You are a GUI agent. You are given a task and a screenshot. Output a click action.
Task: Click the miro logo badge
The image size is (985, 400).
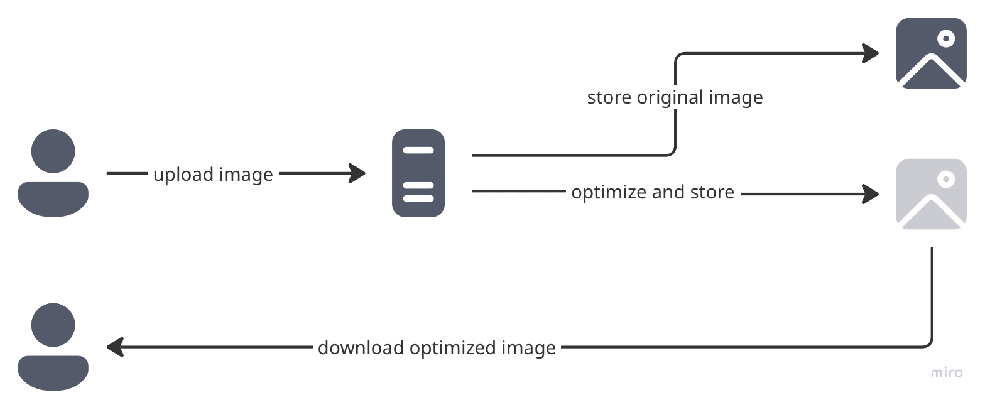tap(947, 372)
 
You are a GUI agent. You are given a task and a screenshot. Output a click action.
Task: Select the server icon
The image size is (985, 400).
tap(418, 173)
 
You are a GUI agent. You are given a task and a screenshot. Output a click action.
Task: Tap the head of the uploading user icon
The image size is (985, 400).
tap(53, 151)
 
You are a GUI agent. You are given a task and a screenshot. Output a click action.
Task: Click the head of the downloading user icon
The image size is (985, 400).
tap(53, 325)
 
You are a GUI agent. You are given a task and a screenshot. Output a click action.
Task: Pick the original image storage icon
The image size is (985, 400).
tap(931, 53)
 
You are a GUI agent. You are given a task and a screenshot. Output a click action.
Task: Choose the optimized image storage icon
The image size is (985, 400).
tap(931, 194)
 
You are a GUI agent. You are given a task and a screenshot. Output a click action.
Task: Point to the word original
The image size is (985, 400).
tap(670, 98)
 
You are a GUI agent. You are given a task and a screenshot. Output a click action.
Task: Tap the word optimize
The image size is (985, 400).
tap(607, 192)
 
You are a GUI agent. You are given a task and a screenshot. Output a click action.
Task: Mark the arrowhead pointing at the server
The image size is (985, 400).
tap(359, 173)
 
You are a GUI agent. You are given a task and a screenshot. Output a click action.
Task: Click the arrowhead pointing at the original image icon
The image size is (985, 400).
tap(871, 53)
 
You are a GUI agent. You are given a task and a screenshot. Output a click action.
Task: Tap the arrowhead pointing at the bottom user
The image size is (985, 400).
tap(115, 347)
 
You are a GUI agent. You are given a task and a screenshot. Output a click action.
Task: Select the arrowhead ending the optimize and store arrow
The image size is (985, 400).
tap(871, 194)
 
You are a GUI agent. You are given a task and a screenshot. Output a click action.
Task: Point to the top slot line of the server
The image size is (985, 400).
tap(418, 150)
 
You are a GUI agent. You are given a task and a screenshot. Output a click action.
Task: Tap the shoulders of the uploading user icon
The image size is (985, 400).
tap(53, 198)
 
